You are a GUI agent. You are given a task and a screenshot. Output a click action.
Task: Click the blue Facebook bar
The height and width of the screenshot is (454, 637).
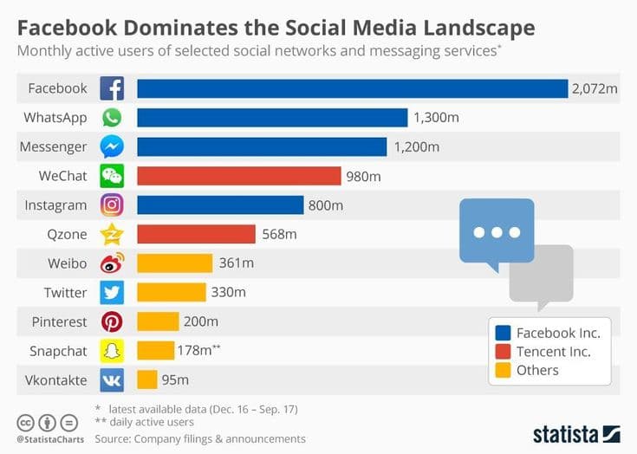click(351, 88)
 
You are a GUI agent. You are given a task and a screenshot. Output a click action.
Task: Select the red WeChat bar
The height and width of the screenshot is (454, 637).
click(238, 176)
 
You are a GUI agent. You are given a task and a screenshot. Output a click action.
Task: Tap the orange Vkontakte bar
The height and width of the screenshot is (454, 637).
click(146, 379)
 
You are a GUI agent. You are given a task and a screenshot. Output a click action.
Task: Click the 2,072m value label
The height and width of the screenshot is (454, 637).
click(593, 88)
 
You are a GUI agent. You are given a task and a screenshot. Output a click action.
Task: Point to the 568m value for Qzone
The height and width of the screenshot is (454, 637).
click(279, 234)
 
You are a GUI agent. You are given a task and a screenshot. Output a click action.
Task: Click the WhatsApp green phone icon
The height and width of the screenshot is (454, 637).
click(112, 118)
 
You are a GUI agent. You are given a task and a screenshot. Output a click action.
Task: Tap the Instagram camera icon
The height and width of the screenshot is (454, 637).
click(112, 205)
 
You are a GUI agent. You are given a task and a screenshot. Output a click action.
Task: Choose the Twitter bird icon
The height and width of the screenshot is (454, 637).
click(112, 292)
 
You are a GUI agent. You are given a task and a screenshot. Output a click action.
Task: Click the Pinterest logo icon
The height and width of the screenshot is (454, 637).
click(112, 321)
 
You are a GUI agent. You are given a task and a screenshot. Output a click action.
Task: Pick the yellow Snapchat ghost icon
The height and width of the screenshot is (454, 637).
click(112, 350)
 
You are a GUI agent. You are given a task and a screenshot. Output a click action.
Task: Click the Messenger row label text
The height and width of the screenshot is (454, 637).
click(53, 146)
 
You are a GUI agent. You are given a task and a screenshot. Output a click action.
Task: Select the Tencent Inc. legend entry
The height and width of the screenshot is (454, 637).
click(552, 352)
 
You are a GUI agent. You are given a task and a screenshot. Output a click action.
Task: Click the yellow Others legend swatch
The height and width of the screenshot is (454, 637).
click(502, 371)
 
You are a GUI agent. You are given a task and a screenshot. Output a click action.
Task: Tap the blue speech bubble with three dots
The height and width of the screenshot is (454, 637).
click(496, 232)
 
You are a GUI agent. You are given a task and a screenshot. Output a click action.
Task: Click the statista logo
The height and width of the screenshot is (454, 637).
click(575, 433)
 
